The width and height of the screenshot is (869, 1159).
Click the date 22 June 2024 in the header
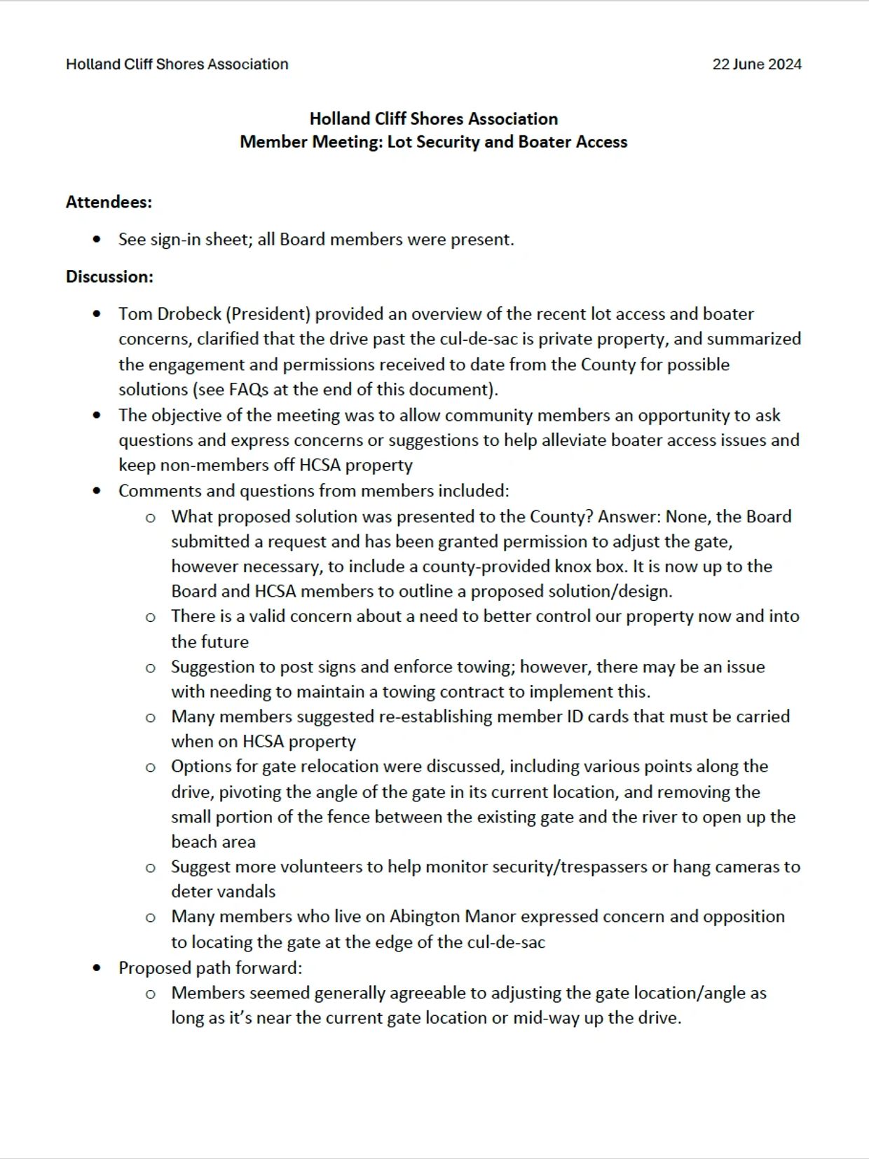pyautogui.click(x=757, y=65)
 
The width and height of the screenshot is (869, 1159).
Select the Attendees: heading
pyautogui.click(x=109, y=202)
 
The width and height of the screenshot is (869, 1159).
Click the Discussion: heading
pyautogui.click(x=109, y=276)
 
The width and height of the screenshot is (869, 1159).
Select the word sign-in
pyautogui.click(x=175, y=240)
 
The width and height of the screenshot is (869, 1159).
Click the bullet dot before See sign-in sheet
pyautogui.click(x=97, y=240)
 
